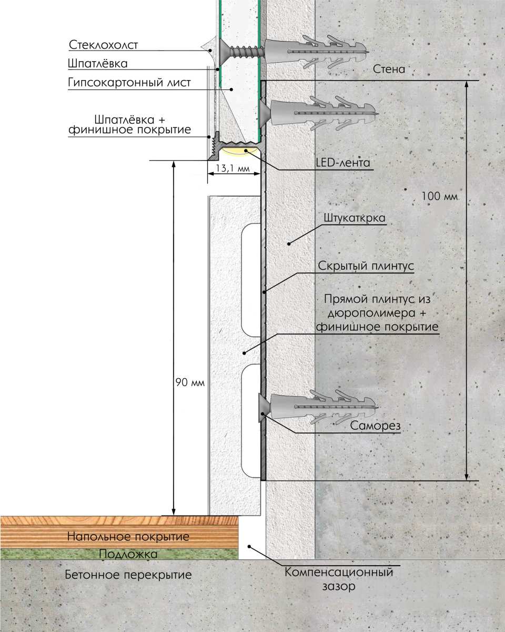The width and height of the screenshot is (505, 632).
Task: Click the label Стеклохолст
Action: click(104, 45)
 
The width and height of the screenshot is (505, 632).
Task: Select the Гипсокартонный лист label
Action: click(129, 83)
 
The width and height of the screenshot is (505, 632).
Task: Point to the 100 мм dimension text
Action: click(440, 196)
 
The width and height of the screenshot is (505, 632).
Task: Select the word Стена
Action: click(389, 69)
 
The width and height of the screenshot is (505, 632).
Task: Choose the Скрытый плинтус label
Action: click(366, 265)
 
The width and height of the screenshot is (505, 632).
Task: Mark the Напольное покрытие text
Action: click(128, 537)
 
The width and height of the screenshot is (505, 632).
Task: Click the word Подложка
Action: click(128, 554)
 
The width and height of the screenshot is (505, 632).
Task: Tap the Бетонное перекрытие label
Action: click(128, 574)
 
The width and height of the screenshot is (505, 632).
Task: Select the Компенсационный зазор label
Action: click(339, 578)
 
